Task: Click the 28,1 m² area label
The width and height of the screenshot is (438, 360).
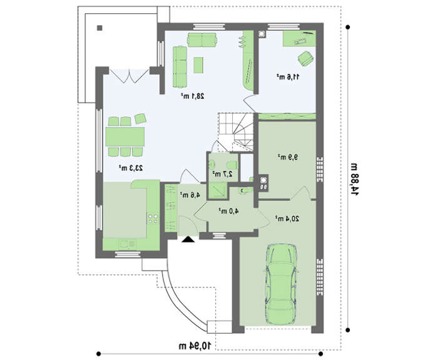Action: click(193, 96)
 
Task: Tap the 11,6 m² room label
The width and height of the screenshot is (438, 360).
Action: click(288, 76)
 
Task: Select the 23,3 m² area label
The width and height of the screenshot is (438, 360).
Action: click(131, 168)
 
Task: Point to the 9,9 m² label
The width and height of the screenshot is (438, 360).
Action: click(287, 157)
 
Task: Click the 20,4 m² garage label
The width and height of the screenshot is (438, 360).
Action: click(287, 219)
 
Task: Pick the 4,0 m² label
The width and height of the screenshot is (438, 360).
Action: click(228, 212)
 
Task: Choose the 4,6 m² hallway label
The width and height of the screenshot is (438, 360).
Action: click(190, 195)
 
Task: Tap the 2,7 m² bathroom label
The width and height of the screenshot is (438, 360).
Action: click(222, 174)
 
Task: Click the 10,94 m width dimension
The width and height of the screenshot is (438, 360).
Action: click(195, 346)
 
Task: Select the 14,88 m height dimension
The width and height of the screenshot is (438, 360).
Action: click(354, 179)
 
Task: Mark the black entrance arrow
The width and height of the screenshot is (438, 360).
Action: click(188, 239)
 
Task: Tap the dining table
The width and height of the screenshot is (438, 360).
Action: click(125, 137)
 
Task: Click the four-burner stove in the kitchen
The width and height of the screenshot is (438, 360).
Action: click(153, 219)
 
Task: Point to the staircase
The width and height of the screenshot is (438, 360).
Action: click(236, 132)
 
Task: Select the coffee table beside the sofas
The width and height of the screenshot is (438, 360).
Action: click(198, 65)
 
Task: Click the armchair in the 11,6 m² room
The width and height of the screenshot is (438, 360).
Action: click(305, 58)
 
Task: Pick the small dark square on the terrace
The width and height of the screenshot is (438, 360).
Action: click(99, 28)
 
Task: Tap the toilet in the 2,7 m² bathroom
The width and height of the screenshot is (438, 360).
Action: click(232, 165)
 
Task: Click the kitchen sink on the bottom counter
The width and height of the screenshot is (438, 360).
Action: click(128, 245)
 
